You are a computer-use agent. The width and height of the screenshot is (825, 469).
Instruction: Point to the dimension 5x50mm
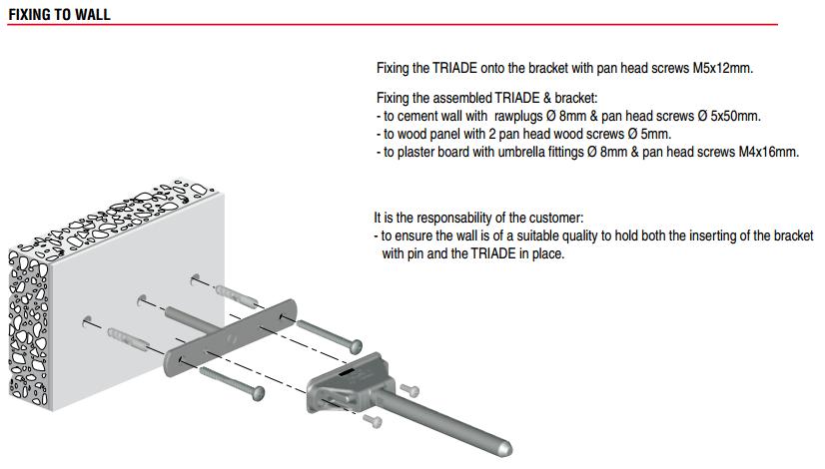click(x=735, y=116)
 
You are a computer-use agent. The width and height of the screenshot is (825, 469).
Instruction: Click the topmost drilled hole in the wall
click(x=195, y=278)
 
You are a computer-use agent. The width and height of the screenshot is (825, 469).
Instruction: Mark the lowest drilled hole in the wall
click(x=87, y=320)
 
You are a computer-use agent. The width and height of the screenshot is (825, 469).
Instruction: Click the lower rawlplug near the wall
click(x=129, y=339)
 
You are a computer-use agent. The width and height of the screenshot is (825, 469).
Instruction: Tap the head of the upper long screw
click(x=357, y=346)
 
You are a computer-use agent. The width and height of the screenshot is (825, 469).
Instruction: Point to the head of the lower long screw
click(x=258, y=393)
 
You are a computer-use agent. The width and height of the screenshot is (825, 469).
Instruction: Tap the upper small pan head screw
click(x=410, y=390)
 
